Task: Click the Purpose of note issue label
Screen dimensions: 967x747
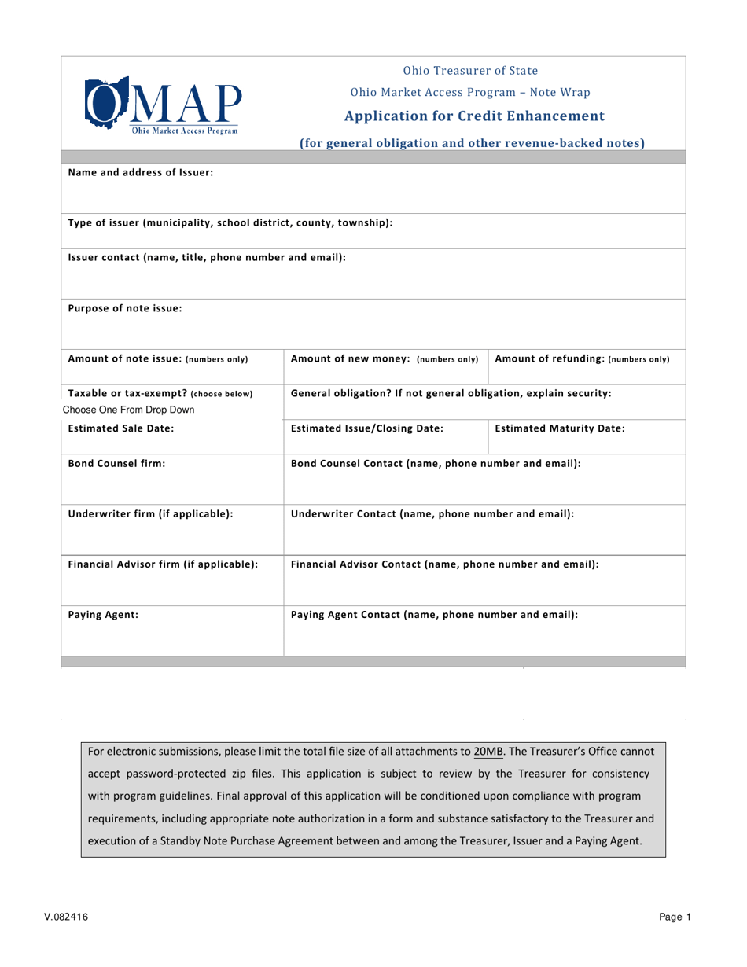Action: coord(125,308)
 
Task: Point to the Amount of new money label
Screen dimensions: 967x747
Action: coord(385,359)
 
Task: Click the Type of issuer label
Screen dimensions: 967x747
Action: coord(230,223)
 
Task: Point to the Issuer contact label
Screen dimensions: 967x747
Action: coord(207,257)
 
